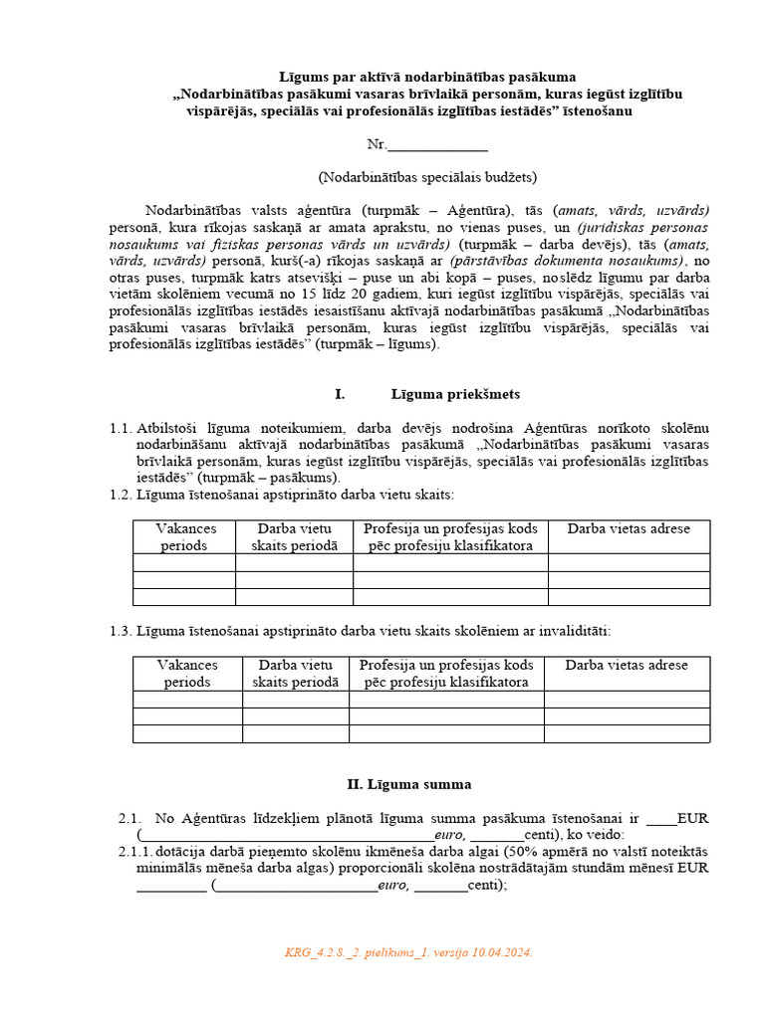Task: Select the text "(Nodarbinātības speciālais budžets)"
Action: click(427, 177)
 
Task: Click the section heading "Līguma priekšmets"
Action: click(455, 394)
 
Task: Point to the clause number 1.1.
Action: click(121, 428)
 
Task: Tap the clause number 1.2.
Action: click(121, 495)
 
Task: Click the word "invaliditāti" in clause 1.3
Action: click(579, 630)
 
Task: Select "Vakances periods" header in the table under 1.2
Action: click(185, 537)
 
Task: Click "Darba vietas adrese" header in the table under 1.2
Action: click(629, 529)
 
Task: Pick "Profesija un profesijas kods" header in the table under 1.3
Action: click(446, 665)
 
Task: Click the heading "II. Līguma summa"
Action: click(408, 784)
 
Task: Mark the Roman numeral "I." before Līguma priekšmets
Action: click(340, 394)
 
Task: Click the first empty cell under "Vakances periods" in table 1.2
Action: click(185, 562)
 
